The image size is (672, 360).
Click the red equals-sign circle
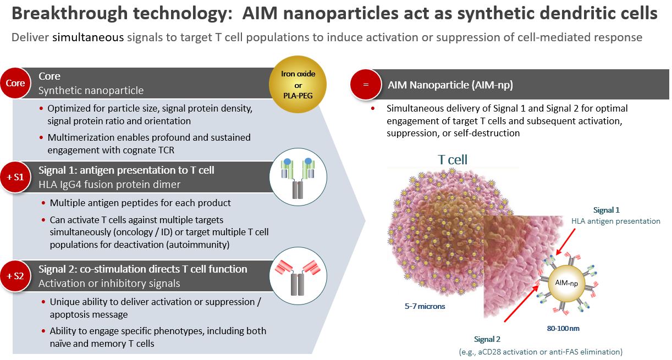coord(366,86)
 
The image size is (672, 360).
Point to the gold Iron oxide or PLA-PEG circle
coord(298,85)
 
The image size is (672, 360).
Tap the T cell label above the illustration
coord(452,159)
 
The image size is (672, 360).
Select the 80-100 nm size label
coord(562,329)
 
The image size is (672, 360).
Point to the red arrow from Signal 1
coord(567,241)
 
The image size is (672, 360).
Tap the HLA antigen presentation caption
coord(615,221)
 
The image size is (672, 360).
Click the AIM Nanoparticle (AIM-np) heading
coord(450,85)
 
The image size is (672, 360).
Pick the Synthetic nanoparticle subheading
coord(91,90)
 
